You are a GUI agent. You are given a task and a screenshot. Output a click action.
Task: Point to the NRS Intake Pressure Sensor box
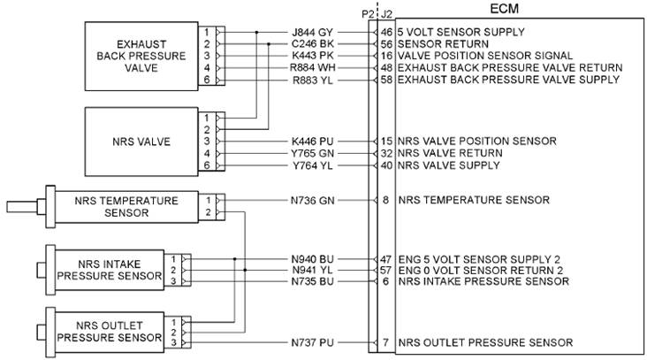click(x=110, y=268)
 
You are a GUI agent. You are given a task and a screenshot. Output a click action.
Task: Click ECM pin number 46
click(x=386, y=31)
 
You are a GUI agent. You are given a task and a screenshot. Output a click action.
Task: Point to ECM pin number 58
click(x=386, y=80)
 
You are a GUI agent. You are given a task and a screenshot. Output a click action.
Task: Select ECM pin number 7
click(x=386, y=342)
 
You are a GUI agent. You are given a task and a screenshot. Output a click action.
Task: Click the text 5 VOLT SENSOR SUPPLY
click(x=461, y=31)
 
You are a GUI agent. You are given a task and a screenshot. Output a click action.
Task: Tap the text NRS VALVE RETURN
click(x=450, y=153)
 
